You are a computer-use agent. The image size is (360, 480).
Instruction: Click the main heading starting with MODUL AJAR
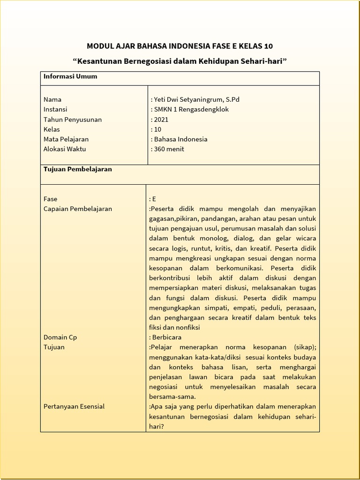tap(180, 46)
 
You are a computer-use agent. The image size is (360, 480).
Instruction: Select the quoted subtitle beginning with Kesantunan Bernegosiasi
tap(180, 61)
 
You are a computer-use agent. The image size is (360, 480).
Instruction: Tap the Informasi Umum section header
tap(70, 76)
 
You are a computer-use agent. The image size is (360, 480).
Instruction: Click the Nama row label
tap(52, 99)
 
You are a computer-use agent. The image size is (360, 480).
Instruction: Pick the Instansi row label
tap(55, 109)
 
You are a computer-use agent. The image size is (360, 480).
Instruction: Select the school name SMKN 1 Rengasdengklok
tap(191, 109)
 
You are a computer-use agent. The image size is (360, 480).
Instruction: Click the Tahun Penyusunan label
tap(73, 120)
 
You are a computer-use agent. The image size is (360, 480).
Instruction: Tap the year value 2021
tap(161, 120)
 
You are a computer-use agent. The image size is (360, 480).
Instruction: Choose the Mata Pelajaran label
tap(66, 139)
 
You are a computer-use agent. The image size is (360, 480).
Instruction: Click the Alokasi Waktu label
tap(65, 149)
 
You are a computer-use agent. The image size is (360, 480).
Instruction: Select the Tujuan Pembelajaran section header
tap(78, 169)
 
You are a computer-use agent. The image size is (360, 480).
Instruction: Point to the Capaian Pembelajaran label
tap(78, 209)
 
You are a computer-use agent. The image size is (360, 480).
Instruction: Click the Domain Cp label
tap(60, 337)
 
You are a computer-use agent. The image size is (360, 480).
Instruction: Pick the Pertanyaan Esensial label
tap(74, 406)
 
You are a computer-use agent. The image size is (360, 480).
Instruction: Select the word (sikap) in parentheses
tap(305, 347)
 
